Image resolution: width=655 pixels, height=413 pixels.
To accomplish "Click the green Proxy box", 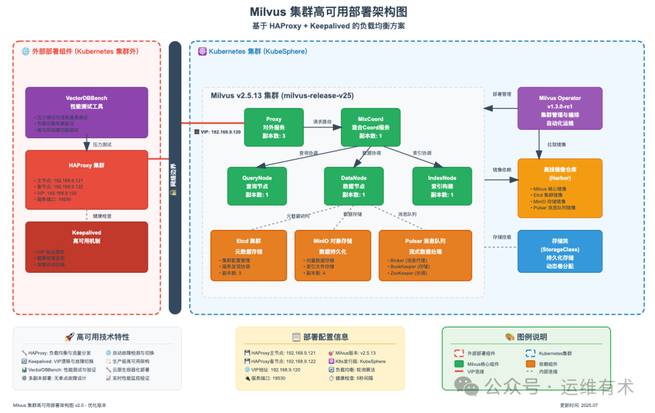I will click(274, 127).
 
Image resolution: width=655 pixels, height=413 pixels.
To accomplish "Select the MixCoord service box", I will click(371, 127).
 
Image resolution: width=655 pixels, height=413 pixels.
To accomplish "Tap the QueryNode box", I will click(257, 186).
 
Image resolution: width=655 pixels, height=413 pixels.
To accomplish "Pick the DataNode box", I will click(354, 186).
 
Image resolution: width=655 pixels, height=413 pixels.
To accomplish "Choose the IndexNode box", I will click(442, 186).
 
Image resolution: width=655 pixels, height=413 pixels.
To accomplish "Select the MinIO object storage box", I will click(333, 255).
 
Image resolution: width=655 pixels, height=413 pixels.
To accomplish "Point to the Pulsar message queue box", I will click(425, 255).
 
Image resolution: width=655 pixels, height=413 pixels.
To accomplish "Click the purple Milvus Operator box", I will click(559, 109).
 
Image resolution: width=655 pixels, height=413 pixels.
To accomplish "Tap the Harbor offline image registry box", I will click(559, 188).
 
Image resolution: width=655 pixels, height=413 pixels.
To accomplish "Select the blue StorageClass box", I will click(559, 252).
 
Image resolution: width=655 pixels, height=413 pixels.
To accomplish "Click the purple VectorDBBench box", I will click(86, 112).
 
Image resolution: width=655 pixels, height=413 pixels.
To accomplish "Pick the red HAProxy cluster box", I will click(86, 180).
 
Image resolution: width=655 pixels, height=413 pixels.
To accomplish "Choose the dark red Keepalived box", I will click(86, 247).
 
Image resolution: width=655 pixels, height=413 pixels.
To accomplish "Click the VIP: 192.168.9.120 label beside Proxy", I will click(221, 132).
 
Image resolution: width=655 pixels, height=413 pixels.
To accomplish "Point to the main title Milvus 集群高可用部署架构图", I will click(328, 12).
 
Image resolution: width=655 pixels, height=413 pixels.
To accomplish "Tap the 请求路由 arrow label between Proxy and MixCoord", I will click(322, 121).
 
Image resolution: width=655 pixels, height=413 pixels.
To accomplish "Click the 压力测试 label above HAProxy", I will click(101, 145).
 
